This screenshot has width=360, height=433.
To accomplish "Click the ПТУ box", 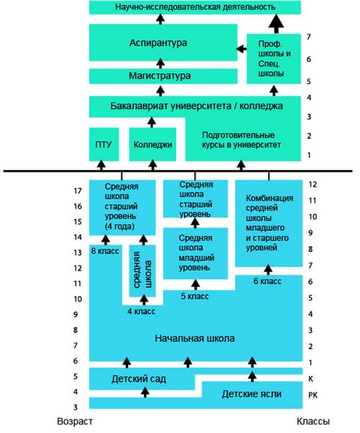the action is pyautogui.click(x=104, y=144).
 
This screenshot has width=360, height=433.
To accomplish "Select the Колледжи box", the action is pyautogui.click(x=153, y=144).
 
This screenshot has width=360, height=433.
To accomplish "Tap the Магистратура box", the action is pyautogui.click(x=163, y=76).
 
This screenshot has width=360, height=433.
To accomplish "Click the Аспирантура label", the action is pyautogui.click(x=158, y=43).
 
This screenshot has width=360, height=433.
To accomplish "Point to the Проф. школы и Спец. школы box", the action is pyautogui.click(x=273, y=59).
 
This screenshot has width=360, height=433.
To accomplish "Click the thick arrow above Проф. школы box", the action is pyautogui.click(x=276, y=24).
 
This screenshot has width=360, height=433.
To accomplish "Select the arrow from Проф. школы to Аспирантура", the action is pyautogui.click(x=241, y=49).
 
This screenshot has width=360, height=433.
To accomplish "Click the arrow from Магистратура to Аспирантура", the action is pyautogui.click(x=160, y=64).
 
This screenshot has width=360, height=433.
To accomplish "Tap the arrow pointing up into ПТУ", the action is pyautogui.click(x=101, y=165).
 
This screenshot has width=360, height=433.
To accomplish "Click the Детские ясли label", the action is pyautogui.click(x=252, y=394).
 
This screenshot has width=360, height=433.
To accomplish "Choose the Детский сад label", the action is pyautogui.click(x=139, y=379).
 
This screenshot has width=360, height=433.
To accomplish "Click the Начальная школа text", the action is pyautogui.click(x=195, y=338).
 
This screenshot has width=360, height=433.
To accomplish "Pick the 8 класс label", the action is pyautogui.click(x=105, y=251).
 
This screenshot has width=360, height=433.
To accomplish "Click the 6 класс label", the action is pyautogui.click(x=267, y=281).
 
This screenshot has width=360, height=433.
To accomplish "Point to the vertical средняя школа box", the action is pyautogui.click(x=142, y=271).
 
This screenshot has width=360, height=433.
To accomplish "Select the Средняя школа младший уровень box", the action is pyautogui.click(x=196, y=253).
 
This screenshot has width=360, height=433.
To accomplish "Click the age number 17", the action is pyautogui.click(x=78, y=191).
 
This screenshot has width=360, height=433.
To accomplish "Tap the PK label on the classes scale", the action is pyautogui.click(x=312, y=395).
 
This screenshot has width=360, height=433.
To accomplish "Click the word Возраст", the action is pyautogui.click(x=75, y=421).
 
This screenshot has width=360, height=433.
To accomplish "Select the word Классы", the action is pyautogui.click(x=313, y=421).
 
